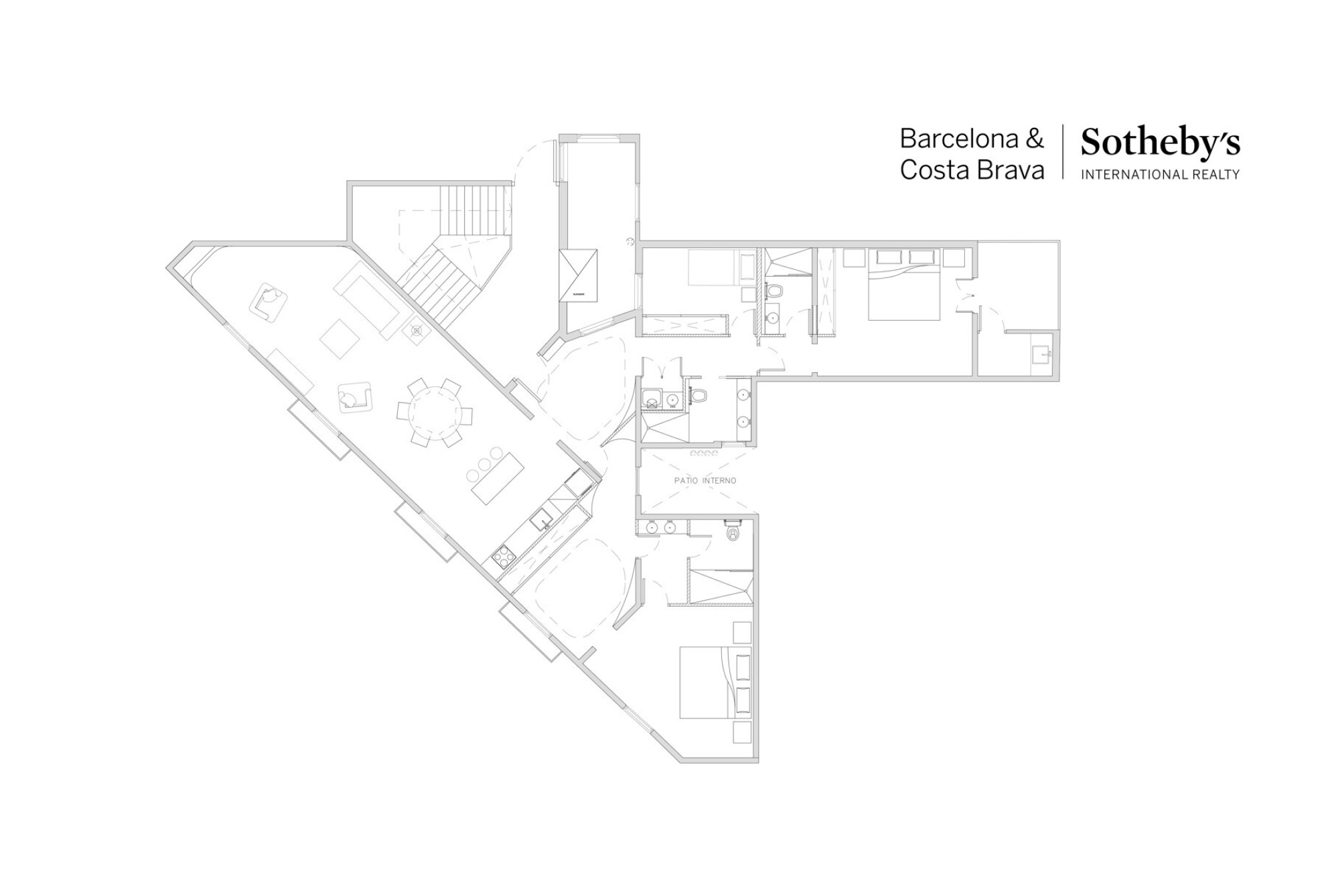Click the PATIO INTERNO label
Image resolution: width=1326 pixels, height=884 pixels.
705,480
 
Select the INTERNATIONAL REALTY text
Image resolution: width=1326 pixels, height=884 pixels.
1160,175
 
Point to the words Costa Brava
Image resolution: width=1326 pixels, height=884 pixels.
972,170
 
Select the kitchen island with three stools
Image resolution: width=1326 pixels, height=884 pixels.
497,478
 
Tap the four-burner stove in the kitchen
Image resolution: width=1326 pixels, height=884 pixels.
503,555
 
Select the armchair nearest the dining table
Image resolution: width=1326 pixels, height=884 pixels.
354,398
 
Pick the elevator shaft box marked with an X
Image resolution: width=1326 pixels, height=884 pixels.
578,275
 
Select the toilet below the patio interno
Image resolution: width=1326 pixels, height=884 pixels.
733,533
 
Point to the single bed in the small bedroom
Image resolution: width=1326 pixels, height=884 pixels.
715,268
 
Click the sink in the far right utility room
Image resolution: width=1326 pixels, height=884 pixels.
1041,354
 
